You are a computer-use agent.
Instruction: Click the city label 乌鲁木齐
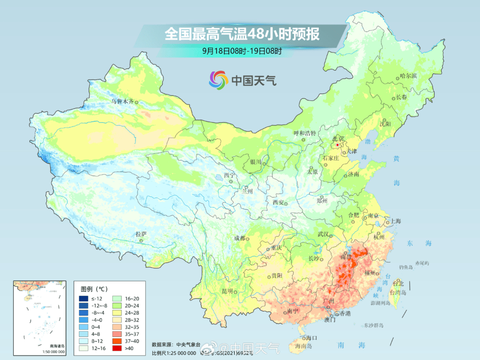[x=122, y=101]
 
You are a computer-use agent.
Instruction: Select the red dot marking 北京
[x=338, y=145]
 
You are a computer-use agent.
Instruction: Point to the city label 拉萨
[x=141, y=234]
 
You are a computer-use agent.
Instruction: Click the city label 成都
[x=239, y=238]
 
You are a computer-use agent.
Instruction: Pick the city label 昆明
[x=227, y=291]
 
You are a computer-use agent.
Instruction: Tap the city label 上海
[x=396, y=221]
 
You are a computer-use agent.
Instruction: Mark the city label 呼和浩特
[x=305, y=133]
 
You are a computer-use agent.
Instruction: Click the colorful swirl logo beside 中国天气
[x=218, y=80]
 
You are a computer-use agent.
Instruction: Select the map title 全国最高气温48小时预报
[x=242, y=34]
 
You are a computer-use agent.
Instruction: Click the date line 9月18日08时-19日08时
[x=242, y=51]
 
